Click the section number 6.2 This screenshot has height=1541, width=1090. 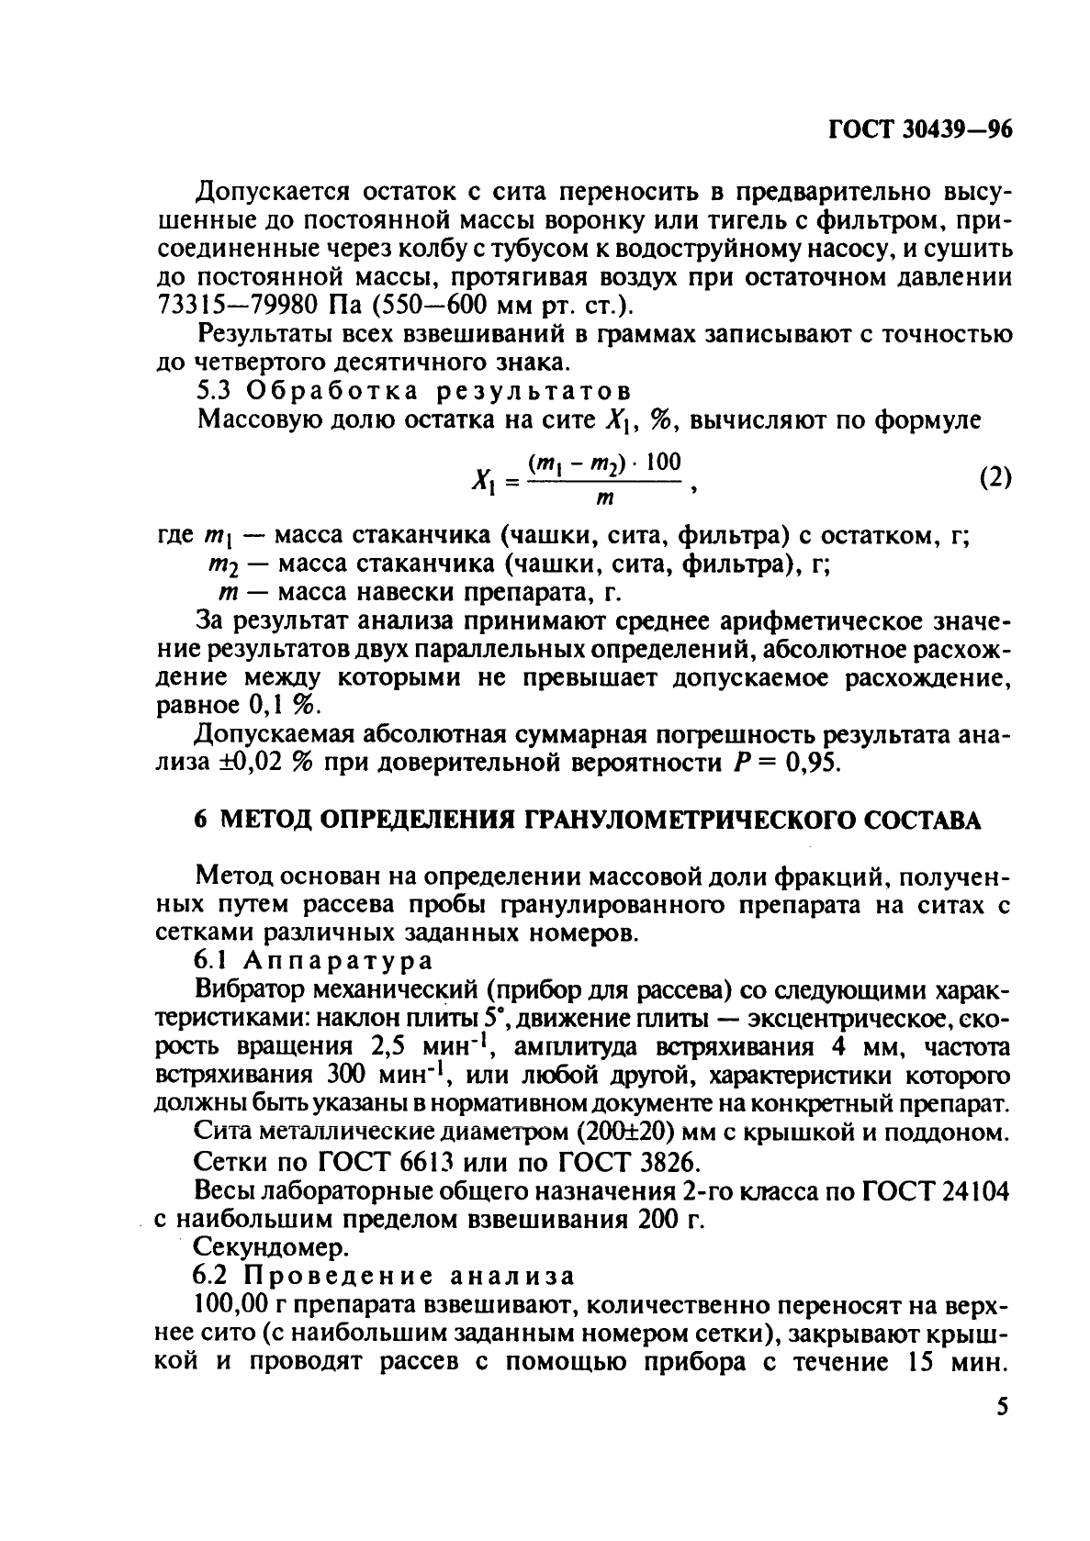point(216,1276)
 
